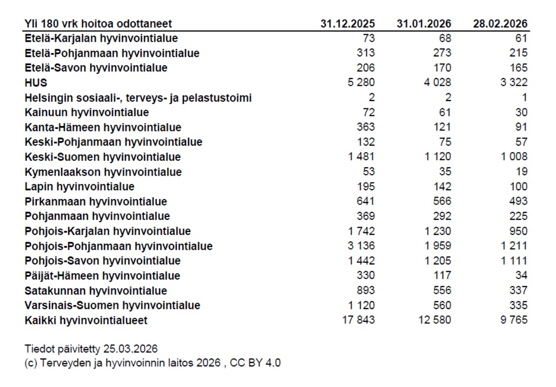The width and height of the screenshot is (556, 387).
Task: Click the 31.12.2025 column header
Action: tap(348, 24)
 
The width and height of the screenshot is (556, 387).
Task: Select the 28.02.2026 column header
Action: tap(500, 24)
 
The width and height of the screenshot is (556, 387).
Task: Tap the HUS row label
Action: tap(36, 83)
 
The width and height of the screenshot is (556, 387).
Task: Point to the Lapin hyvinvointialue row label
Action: tap(79, 186)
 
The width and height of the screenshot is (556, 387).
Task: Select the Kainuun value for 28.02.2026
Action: tap(521, 112)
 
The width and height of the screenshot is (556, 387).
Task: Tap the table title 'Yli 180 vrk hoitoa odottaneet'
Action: tap(98, 24)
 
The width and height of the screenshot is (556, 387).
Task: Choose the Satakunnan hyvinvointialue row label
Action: tap(96, 290)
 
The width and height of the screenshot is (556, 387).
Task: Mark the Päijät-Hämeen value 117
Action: tap(442, 275)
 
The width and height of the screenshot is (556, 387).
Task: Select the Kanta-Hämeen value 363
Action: tap(365, 127)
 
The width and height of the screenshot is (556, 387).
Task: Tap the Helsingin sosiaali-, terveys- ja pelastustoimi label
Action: tap(138, 98)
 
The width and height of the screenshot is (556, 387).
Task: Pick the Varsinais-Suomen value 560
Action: tap(442, 305)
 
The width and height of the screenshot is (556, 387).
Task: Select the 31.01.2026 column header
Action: tap(424, 24)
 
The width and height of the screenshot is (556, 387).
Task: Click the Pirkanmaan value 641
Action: tap(365, 201)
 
